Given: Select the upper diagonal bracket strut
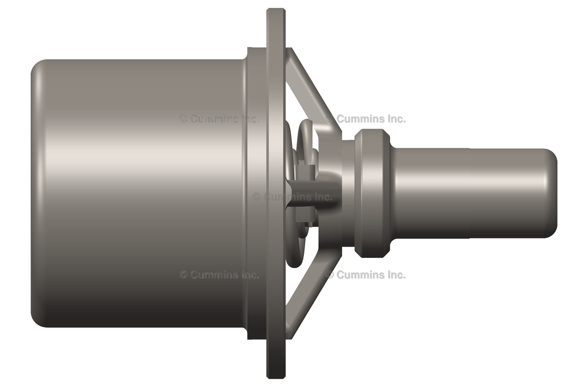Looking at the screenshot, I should pyautogui.click(x=312, y=91).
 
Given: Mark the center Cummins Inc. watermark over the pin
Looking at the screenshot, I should pyautogui.click(x=292, y=197).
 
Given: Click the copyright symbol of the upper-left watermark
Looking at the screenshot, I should pyautogui.click(x=183, y=119).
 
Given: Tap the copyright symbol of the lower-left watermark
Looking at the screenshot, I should pyautogui.click(x=183, y=274).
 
